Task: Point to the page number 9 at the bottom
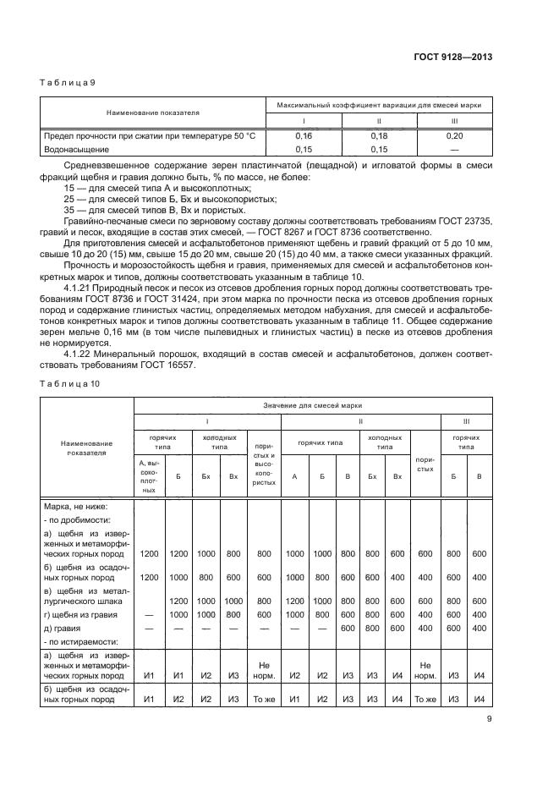(x=489, y=719)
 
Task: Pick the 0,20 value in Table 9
(x=455, y=135)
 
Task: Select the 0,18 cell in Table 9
(x=379, y=135)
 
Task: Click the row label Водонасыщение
(x=76, y=148)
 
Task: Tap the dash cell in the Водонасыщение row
(x=455, y=148)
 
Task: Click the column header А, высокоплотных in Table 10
(x=150, y=477)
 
